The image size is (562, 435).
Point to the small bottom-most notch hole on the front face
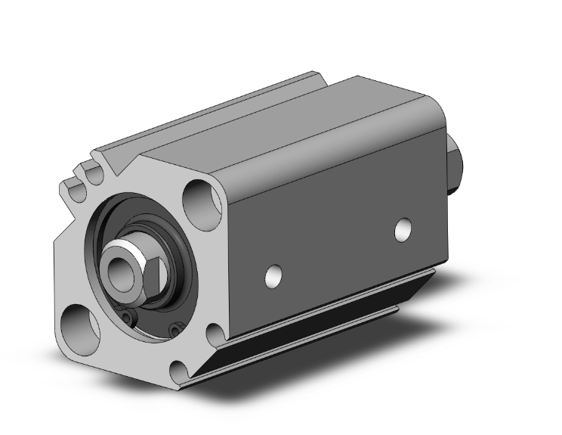tap(180, 368)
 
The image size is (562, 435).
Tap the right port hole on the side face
tap(405, 229)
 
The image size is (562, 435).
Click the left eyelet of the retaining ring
tap(130, 318)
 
